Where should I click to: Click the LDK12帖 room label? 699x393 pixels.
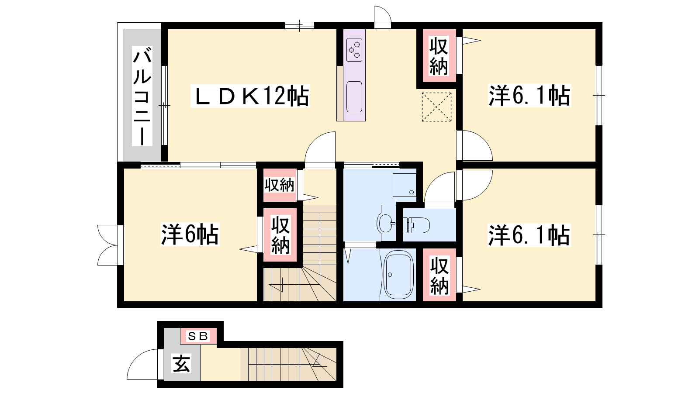pyautogui.click(x=250, y=96)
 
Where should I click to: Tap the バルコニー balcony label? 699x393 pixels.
pyautogui.click(x=142, y=96)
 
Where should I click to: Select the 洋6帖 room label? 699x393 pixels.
pyautogui.click(x=190, y=234)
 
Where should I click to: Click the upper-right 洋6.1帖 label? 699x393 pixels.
pyautogui.click(x=529, y=96)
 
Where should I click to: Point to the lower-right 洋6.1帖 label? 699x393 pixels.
pyautogui.click(x=529, y=235)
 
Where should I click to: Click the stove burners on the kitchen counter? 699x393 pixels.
pyautogui.click(x=354, y=50)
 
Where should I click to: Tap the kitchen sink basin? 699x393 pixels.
pyautogui.click(x=354, y=97)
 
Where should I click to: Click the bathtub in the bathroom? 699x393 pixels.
pyautogui.click(x=398, y=275)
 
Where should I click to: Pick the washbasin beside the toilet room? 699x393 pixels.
pyautogui.click(x=386, y=223)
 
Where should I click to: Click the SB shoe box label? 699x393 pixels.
pyautogui.click(x=198, y=336)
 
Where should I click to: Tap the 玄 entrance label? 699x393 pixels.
pyautogui.click(x=181, y=364)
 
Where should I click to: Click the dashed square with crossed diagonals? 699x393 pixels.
pyautogui.click(x=436, y=107)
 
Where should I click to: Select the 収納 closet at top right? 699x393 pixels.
pyautogui.click(x=439, y=56)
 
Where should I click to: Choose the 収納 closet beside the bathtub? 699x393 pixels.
pyautogui.click(x=439, y=275)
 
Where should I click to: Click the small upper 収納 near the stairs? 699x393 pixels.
pyautogui.click(x=280, y=185)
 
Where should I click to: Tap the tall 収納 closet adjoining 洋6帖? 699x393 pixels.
pyautogui.click(x=280, y=235)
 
